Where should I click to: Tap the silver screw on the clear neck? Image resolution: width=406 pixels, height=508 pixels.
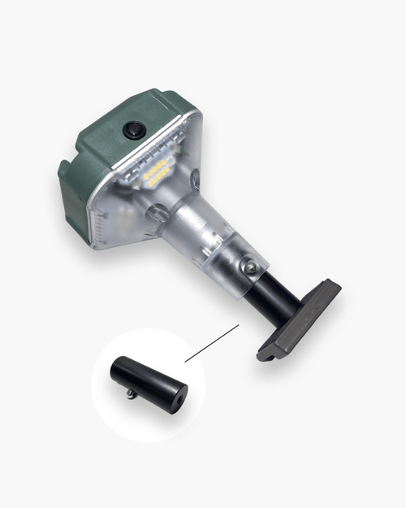tap(252, 267)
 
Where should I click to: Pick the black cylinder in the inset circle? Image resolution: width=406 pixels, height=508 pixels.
tap(150, 382)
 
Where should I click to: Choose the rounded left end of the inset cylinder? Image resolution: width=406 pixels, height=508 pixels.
tap(119, 367)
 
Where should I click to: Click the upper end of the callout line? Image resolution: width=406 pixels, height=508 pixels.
tap(238, 326)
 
